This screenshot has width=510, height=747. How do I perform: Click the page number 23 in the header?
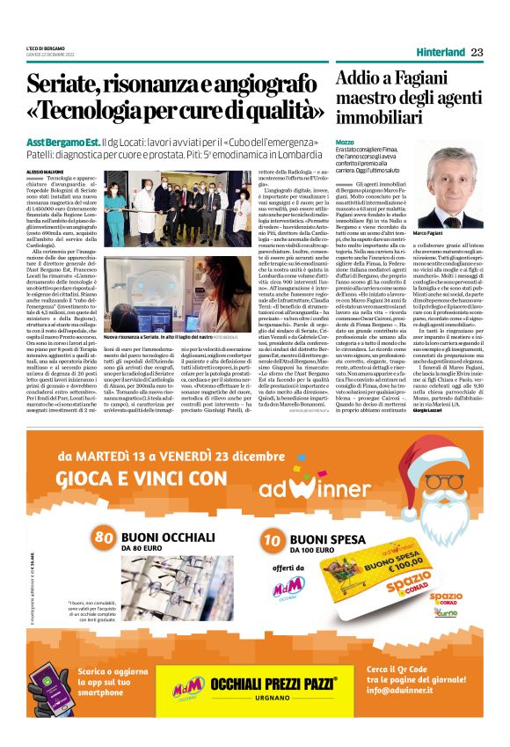click(x=477, y=52)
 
